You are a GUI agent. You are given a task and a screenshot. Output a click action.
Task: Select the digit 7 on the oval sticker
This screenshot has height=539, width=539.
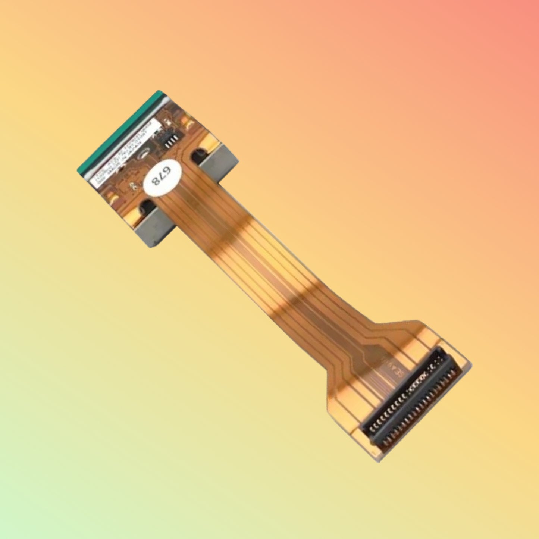161,176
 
